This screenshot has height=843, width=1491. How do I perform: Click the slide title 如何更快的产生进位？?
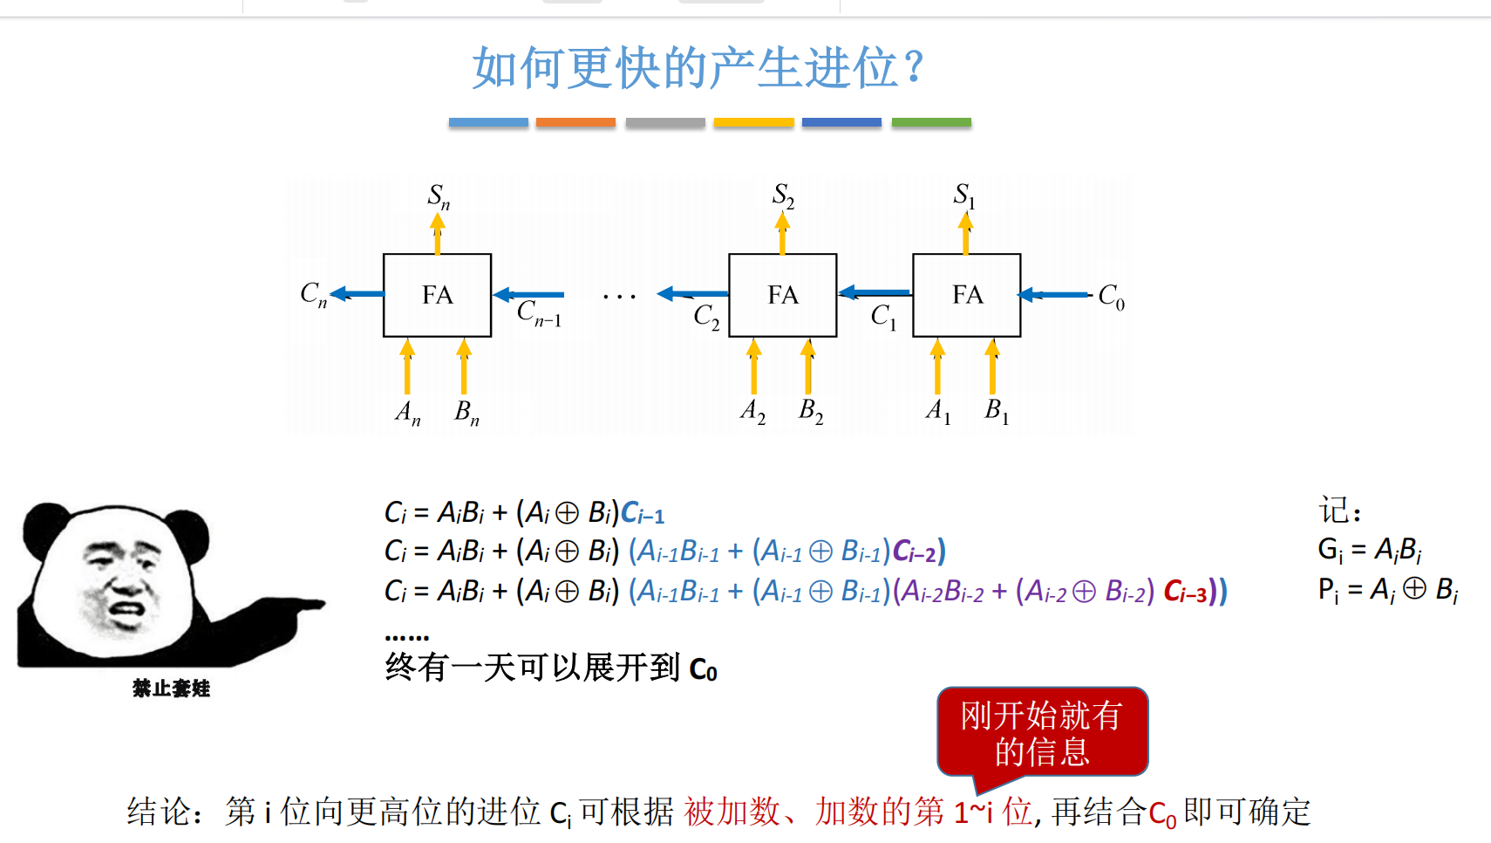[x=698, y=68]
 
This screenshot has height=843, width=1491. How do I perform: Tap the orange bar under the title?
[x=575, y=123]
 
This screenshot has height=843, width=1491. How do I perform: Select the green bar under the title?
[x=931, y=123]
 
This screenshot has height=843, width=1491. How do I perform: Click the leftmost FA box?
[x=437, y=295]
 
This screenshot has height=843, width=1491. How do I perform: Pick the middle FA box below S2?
[x=782, y=295]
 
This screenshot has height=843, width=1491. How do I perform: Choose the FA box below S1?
[x=966, y=295]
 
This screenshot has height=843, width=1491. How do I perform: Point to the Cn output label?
[x=313, y=294]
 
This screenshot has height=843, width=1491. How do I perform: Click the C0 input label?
[x=1111, y=297]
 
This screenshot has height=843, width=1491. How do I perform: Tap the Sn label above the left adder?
[x=439, y=197]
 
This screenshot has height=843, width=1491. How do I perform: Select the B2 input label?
[x=811, y=410]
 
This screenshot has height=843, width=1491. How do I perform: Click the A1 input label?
[x=938, y=410]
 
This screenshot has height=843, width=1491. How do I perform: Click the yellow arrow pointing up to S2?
[x=782, y=233]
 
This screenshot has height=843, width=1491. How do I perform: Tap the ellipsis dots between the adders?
[x=619, y=298]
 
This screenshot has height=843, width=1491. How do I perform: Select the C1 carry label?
[x=883, y=316]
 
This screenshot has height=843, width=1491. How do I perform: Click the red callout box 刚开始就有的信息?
[x=1042, y=731]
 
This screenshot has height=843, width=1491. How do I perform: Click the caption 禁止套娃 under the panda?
[x=171, y=689]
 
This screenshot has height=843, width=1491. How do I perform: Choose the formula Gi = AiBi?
[x=1369, y=550]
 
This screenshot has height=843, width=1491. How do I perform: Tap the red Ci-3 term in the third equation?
[x=1185, y=593]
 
